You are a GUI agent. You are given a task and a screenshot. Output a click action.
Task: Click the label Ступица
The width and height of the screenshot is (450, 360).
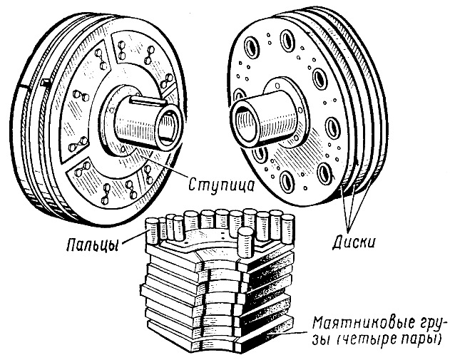(x=220, y=184)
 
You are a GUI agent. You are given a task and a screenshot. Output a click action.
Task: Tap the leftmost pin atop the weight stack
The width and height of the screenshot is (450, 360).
(x=153, y=230)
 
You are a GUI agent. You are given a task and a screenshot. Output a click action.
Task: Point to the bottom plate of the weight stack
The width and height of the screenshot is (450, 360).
(x=214, y=342)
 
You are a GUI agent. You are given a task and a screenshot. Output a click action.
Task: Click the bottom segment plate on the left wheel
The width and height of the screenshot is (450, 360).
(x=107, y=187)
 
